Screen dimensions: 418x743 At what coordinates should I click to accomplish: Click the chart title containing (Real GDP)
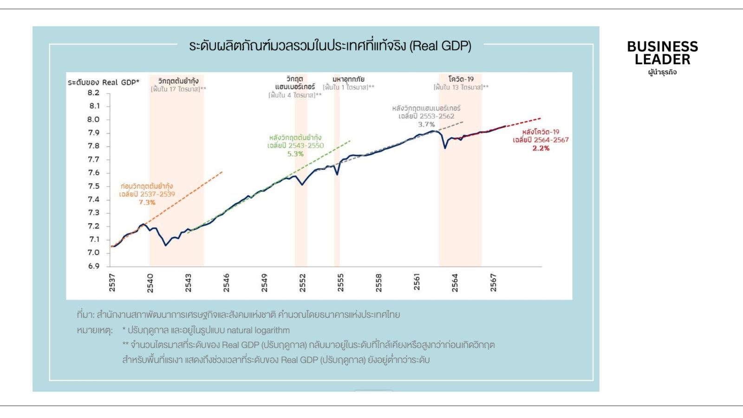click(330, 46)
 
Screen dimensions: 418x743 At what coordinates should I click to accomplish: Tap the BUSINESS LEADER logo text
click(662, 53)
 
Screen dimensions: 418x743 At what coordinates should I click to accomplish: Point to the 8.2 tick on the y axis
click(94, 93)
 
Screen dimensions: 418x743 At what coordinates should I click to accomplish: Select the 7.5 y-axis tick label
click(94, 186)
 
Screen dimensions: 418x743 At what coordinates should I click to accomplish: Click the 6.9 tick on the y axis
click(94, 266)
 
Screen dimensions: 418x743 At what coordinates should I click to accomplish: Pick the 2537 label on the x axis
click(112, 282)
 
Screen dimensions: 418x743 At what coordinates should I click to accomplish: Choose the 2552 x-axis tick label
click(302, 282)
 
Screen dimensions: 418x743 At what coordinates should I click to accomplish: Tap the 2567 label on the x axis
click(493, 282)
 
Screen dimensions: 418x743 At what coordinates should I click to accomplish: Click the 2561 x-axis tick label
click(417, 282)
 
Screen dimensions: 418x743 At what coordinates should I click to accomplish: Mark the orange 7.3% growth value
click(147, 202)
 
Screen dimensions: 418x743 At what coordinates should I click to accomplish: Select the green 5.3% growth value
click(295, 154)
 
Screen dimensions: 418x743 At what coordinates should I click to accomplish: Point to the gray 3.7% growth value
click(426, 124)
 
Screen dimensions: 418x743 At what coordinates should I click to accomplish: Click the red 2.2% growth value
click(541, 148)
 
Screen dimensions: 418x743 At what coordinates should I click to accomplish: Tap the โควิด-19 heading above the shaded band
click(461, 79)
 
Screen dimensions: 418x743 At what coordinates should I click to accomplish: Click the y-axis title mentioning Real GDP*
click(103, 82)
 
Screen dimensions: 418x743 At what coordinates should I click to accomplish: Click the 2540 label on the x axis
click(150, 282)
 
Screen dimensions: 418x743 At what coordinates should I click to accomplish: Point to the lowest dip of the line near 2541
click(166, 245)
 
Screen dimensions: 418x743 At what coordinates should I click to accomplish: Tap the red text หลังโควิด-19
click(541, 132)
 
